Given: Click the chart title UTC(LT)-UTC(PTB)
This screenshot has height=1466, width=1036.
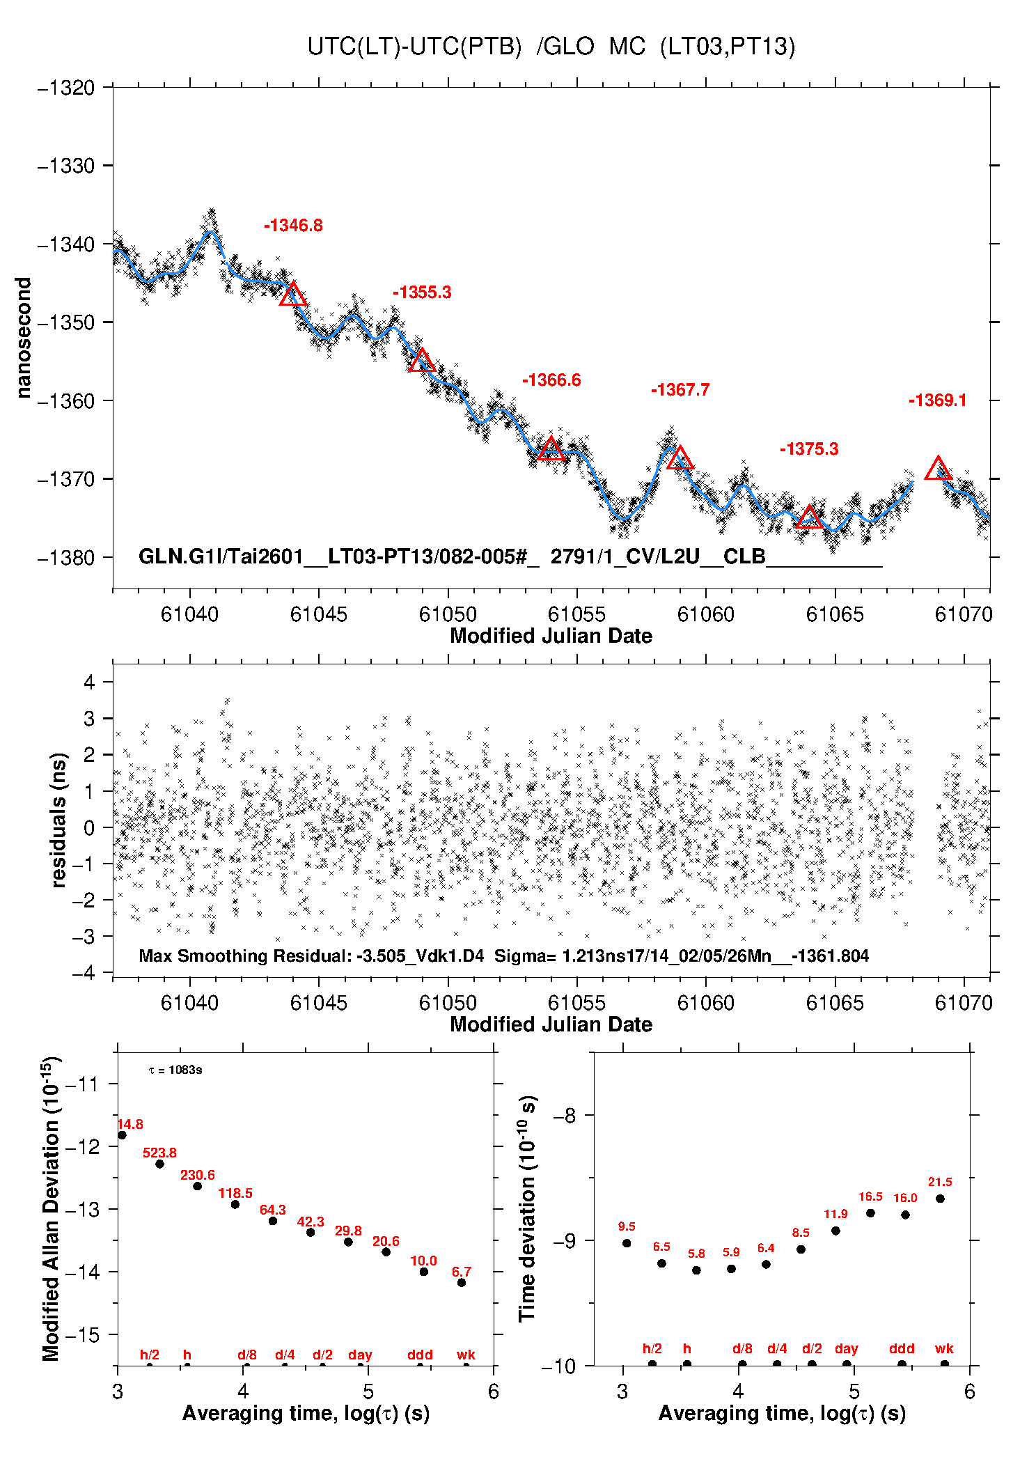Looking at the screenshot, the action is pyautogui.click(x=414, y=47).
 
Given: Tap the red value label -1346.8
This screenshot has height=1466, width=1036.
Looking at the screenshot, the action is pyautogui.click(x=293, y=225).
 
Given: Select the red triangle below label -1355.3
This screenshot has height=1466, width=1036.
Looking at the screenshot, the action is pyautogui.click(x=422, y=360).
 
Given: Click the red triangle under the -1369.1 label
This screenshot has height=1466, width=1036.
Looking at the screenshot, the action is pyautogui.click(x=938, y=468).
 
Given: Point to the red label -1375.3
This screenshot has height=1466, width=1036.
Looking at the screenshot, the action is pyautogui.click(x=809, y=449).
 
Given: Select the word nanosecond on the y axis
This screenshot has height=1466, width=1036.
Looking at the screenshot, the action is pyautogui.click(x=24, y=338).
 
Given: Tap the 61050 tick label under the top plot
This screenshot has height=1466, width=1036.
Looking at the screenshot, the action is pyautogui.click(x=448, y=614).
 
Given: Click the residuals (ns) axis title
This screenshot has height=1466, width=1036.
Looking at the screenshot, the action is pyautogui.click(x=59, y=820).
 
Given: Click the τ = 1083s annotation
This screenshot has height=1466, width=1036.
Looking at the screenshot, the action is pyautogui.click(x=175, y=1070).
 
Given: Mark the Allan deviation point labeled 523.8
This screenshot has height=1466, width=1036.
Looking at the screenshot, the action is pyautogui.click(x=159, y=1164).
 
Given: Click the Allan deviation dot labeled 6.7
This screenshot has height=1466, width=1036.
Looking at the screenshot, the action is pyautogui.click(x=462, y=1283).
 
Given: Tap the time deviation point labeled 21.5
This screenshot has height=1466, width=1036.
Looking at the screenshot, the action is pyautogui.click(x=940, y=1199).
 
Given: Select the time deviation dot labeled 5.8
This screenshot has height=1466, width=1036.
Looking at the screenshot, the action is pyautogui.click(x=696, y=1270).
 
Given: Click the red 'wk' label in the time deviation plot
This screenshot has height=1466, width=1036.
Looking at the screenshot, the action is pyautogui.click(x=944, y=1349).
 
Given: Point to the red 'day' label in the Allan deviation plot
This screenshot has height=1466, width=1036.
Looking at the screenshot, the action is pyautogui.click(x=360, y=1355).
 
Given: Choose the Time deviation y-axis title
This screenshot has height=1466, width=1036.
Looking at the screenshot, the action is pyautogui.click(x=528, y=1209).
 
